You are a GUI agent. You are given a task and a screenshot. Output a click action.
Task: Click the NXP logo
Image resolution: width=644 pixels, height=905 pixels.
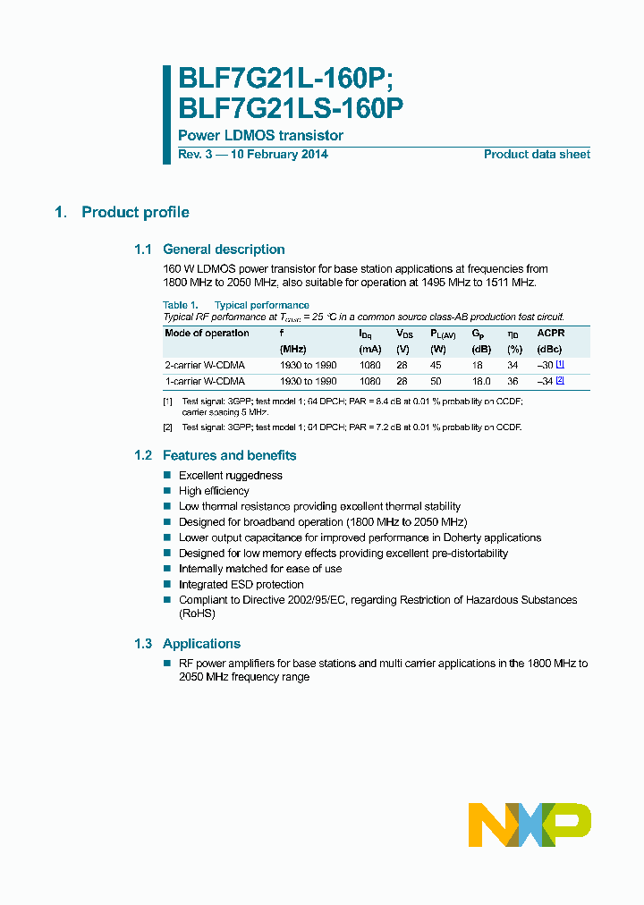(530, 824)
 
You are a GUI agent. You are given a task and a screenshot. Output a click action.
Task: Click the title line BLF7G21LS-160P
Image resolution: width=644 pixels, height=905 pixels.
(291, 108)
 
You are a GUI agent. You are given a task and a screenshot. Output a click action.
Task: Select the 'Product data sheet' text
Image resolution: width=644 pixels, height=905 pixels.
(537, 154)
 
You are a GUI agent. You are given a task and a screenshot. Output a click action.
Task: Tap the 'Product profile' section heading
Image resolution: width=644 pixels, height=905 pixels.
(135, 212)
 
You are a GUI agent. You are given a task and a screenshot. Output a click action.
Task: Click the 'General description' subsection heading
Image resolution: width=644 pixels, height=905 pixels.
(224, 250)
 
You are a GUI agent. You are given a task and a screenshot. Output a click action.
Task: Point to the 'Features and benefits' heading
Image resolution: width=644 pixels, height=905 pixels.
(229, 455)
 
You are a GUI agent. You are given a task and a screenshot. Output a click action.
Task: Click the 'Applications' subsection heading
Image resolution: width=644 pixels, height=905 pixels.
(201, 644)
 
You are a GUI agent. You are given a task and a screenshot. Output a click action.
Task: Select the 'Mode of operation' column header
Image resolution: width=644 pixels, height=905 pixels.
(208, 333)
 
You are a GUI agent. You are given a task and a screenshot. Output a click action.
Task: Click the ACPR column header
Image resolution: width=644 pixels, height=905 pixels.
(550, 333)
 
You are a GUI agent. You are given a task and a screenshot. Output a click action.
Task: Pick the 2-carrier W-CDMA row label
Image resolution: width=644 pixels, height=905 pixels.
(205, 365)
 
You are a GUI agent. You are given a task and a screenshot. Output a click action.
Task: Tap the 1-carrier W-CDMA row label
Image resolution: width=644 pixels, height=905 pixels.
(205, 381)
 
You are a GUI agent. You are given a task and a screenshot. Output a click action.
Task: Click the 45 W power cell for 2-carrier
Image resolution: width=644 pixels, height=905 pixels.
(436, 365)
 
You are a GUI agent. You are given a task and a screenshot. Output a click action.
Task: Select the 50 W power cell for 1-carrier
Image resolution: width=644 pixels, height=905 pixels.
(436, 381)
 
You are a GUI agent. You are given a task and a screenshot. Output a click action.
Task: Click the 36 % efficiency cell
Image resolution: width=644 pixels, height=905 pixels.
(513, 381)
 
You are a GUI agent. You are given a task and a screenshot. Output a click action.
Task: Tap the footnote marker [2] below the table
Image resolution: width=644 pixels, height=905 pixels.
(167, 427)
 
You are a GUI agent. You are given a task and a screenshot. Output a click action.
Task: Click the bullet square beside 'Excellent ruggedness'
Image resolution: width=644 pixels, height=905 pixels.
(167, 476)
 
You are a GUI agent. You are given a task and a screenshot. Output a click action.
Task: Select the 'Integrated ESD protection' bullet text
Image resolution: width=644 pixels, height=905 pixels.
(241, 585)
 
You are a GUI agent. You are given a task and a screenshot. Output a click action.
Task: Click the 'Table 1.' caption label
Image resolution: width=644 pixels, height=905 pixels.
(181, 305)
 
